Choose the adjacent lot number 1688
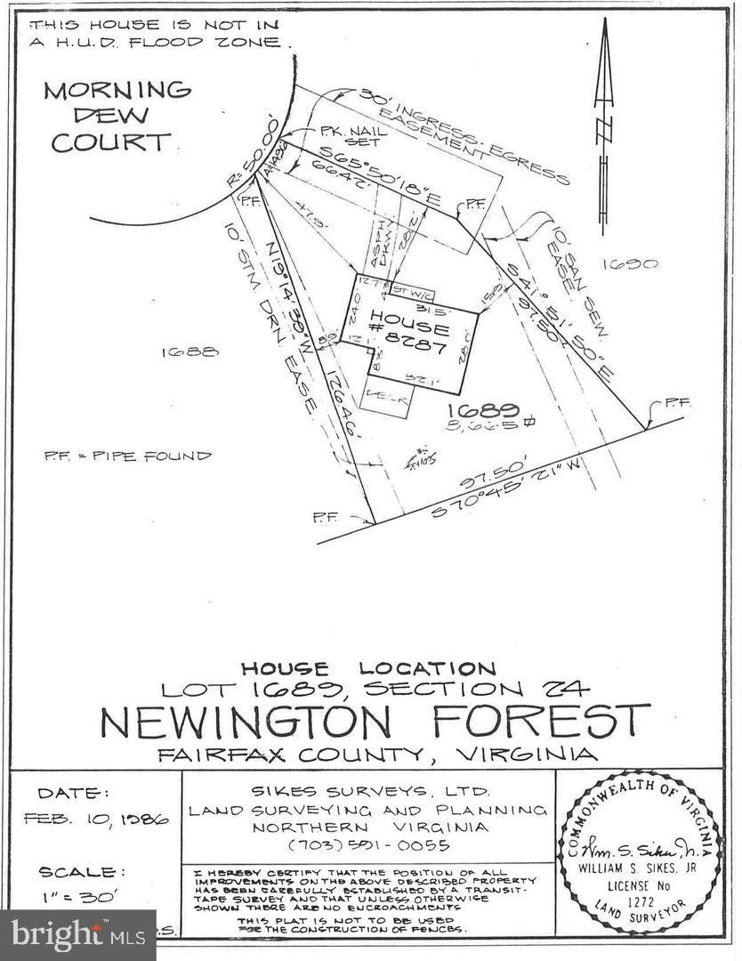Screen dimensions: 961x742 pos(190,352)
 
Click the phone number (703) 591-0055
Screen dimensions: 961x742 pos(367,844)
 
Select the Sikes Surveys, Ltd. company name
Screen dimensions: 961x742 pos(368,791)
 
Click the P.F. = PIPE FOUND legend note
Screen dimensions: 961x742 pos(128,456)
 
